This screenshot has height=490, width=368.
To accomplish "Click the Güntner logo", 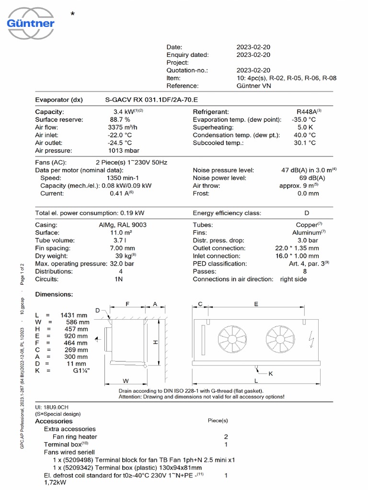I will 31,20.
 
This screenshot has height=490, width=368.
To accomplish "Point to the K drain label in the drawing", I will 270,374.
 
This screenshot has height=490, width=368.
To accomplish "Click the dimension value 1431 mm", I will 74,315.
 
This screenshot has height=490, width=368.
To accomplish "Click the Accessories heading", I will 54,421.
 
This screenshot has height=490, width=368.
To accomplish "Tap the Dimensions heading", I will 54,294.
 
